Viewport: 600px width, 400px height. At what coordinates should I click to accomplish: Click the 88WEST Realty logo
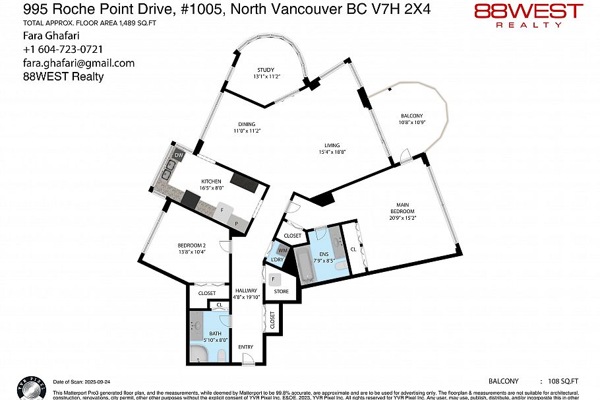click(529, 15)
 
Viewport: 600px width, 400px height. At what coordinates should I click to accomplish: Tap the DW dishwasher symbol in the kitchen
click(178, 156)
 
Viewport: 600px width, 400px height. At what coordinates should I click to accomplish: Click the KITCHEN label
click(211, 182)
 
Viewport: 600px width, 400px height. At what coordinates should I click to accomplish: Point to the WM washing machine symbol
click(282, 250)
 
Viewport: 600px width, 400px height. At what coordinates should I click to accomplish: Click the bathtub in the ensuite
click(305, 264)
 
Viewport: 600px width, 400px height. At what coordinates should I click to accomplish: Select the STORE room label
click(282, 290)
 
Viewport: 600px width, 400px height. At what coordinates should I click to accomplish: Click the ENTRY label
click(245, 347)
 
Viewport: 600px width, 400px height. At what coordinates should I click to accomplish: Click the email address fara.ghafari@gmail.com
click(78, 63)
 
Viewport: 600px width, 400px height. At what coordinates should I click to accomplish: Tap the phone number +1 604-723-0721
click(63, 50)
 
